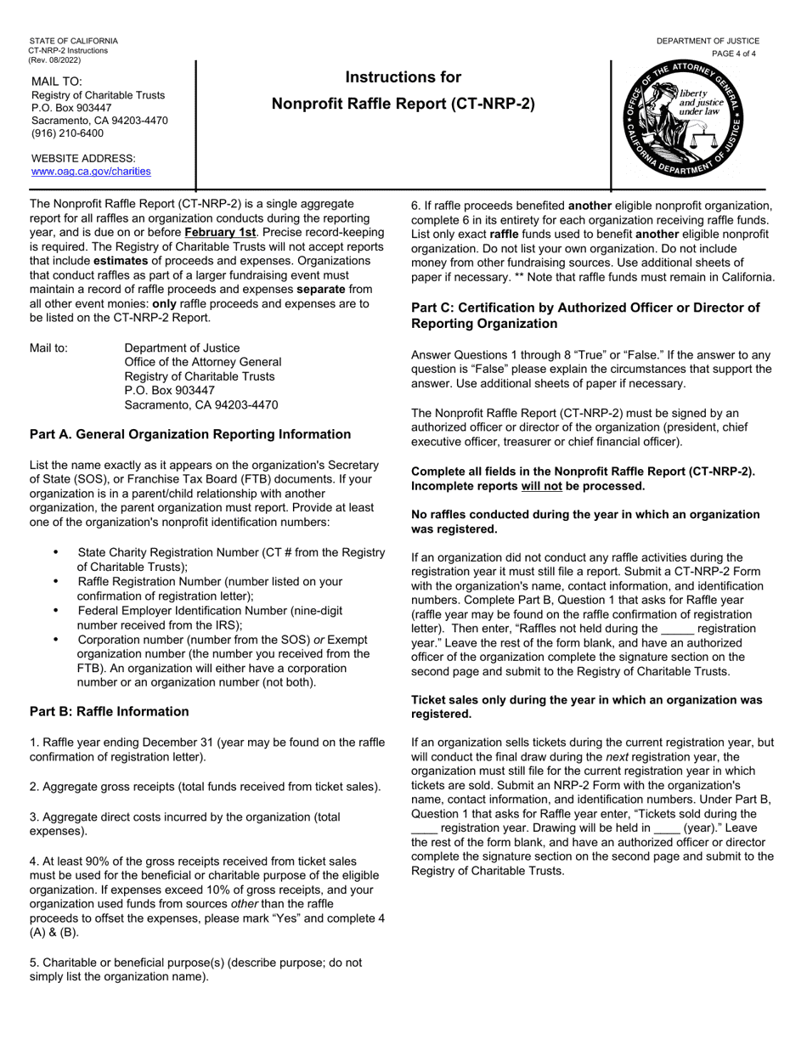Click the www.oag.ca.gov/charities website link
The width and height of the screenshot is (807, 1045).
pyautogui.click(x=91, y=172)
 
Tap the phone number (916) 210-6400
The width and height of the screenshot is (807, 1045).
pyautogui.click(x=67, y=133)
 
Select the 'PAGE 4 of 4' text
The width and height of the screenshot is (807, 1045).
pyautogui.click(x=733, y=54)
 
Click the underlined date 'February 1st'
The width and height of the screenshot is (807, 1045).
pyautogui.click(x=219, y=232)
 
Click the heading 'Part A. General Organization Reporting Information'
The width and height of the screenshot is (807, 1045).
pyautogui.click(x=190, y=434)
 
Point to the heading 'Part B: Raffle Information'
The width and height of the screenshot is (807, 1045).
pyautogui.click(x=110, y=711)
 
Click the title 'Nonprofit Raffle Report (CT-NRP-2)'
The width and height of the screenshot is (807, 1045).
pyautogui.click(x=403, y=104)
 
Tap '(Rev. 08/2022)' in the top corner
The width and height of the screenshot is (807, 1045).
pyautogui.click(x=55, y=59)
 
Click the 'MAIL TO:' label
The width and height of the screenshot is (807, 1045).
pyautogui.click(x=57, y=82)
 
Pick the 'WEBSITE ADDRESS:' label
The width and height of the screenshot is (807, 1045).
pyautogui.click(x=83, y=158)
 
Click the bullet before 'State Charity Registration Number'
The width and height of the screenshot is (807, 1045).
pyautogui.click(x=56, y=552)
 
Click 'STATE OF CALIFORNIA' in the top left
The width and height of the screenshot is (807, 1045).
pyautogui.click(x=74, y=41)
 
